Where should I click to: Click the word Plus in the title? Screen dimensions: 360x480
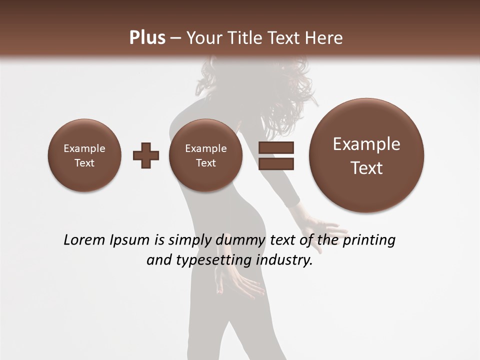147,38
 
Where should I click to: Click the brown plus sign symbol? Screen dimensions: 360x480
146,155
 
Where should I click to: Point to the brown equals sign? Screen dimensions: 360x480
276,155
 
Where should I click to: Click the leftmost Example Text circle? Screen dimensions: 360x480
84,155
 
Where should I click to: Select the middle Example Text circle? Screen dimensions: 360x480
205,155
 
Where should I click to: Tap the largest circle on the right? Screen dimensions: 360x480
366,155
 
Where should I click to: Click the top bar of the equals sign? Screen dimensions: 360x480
276,147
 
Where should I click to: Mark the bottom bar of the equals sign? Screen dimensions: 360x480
276,164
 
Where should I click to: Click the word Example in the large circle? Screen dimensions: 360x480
366,144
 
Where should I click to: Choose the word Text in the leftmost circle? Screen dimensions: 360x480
84,163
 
